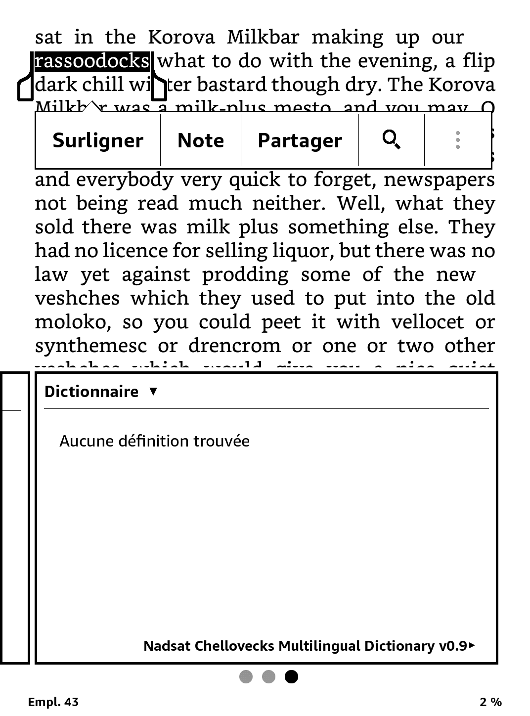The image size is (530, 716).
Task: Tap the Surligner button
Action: point(97,141)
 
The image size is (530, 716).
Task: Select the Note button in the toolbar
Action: point(200,141)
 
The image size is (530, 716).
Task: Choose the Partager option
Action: point(300,141)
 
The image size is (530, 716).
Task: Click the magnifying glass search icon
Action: point(392,140)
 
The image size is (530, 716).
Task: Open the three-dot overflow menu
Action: point(458,140)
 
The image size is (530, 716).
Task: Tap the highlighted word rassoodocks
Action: point(92,61)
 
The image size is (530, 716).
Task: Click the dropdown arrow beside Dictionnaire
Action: point(153,391)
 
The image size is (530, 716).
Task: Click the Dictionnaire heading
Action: point(91,392)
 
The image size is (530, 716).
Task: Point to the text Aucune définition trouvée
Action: point(154,441)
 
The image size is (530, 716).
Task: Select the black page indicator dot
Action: point(292,676)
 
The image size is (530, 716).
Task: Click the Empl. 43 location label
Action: point(53,702)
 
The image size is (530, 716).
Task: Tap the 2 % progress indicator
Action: point(490,702)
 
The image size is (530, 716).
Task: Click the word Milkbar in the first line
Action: point(263,38)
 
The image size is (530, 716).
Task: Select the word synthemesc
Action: point(91,346)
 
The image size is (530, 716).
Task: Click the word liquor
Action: point(305,251)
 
